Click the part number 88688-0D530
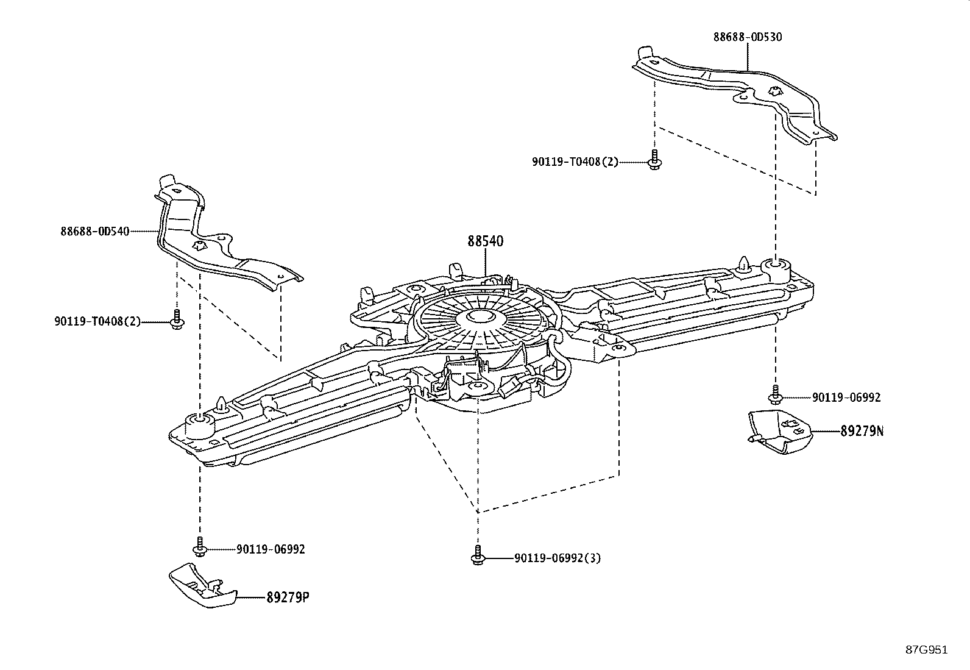click(748, 37)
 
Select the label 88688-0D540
click(95, 231)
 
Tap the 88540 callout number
click(486, 241)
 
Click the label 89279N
click(862, 432)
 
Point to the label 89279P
click(288, 597)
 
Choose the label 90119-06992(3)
click(558, 558)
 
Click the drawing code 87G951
click(926, 649)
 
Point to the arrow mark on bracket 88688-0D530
click(774, 92)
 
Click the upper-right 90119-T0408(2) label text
click(575, 162)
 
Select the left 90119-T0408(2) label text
click(97, 321)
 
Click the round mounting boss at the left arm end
click(199, 419)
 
